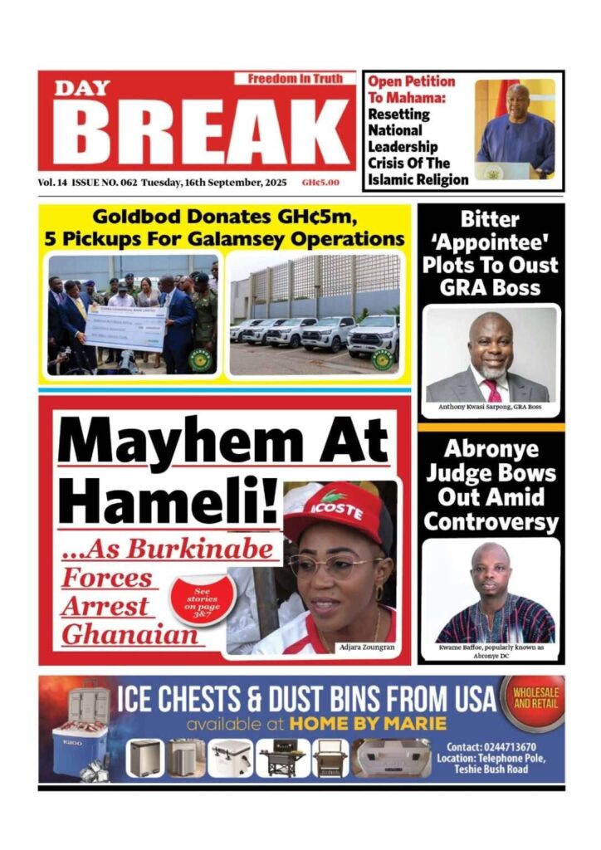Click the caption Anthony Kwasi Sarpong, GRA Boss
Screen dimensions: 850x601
pos(491,408)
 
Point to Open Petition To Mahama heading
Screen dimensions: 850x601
pos(411,89)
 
